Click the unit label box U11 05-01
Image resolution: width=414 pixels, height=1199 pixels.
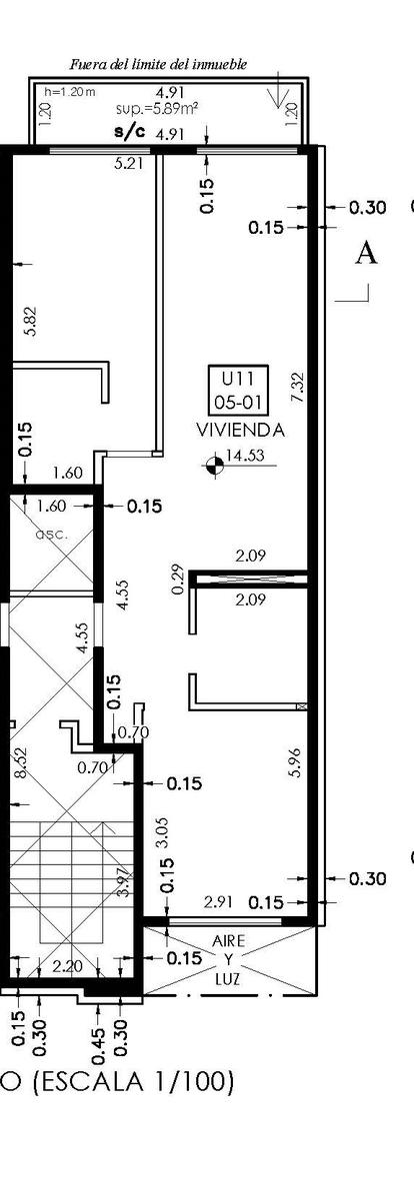238,389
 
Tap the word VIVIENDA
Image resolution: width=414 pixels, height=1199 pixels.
240,430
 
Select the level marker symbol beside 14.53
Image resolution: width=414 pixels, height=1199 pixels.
215,465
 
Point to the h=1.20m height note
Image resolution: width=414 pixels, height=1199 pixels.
70,92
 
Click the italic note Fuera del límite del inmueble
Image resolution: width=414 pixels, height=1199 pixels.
159,65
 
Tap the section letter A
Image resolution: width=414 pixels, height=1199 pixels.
366,253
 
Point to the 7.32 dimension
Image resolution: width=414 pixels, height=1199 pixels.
298,388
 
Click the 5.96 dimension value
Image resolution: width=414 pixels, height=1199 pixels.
297,762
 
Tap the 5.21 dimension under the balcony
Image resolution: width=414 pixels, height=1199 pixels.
129,164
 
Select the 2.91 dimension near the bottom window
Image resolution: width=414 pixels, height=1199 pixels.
219,902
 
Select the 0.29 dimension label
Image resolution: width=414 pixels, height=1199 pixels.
178,580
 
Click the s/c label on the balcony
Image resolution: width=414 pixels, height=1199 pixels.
129,133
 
